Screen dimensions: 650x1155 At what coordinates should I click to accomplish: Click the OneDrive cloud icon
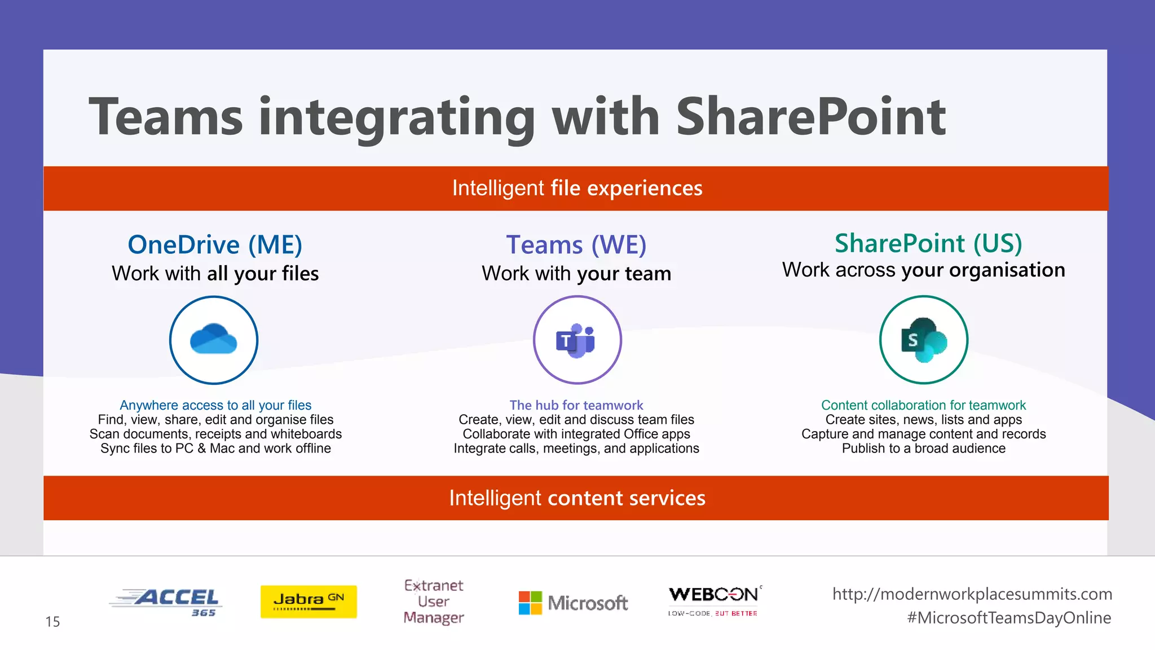[214, 339]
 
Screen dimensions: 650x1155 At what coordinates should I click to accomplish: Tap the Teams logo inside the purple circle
[576, 340]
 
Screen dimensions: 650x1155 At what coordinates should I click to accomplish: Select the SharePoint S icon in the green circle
[923, 340]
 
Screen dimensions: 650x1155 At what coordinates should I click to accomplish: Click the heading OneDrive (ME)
[215, 245]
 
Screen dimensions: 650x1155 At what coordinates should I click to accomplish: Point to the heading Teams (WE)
[576, 245]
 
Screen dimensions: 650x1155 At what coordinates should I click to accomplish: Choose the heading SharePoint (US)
[928, 243]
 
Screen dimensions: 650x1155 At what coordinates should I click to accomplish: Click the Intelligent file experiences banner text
[577, 188]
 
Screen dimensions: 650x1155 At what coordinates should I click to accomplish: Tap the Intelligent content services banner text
[577, 498]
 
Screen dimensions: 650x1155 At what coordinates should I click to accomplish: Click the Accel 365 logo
[165, 602]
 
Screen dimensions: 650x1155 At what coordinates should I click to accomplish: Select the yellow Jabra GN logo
[308, 601]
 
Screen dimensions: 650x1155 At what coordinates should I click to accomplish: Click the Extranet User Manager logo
[434, 601]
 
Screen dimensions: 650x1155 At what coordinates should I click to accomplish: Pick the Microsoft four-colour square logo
[530, 603]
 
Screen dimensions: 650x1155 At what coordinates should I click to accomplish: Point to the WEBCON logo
[714, 600]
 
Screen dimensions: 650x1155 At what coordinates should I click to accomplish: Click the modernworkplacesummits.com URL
[972, 594]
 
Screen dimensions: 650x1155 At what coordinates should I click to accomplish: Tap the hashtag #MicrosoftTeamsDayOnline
[1009, 618]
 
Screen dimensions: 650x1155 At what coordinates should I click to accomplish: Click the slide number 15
[52, 622]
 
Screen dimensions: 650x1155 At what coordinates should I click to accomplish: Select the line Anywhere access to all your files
[215, 405]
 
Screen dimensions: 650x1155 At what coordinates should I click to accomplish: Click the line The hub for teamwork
[576, 405]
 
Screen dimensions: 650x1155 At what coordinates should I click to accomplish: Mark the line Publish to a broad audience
[923, 449]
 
